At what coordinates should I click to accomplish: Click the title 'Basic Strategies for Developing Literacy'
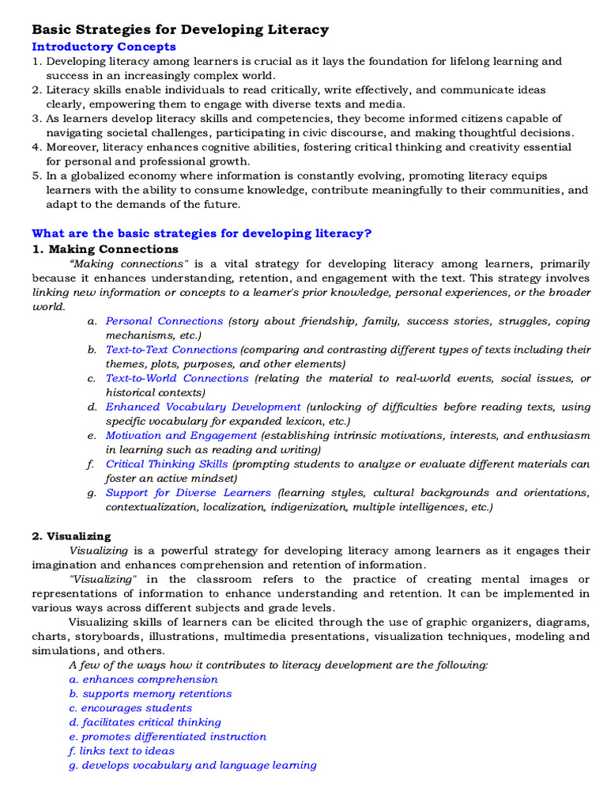click(179, 30)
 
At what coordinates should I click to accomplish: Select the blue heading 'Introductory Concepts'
click(104, 47)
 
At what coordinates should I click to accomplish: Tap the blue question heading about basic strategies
click(202, 233)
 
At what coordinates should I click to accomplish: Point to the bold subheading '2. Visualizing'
click(71, 536)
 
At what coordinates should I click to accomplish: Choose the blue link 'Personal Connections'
click(164, 321)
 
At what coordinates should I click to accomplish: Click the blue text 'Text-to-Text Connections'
click(172, 350)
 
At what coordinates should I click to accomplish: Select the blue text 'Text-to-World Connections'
click(177, 378)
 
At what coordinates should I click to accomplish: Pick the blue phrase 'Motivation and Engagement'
click(181, 435)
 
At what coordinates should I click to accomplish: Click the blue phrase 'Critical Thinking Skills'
click(167, 464)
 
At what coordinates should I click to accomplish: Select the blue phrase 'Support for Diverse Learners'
click(188, 492)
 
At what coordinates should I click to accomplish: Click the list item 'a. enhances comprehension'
click(143, 679)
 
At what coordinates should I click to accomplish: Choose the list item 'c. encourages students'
click(130, 708)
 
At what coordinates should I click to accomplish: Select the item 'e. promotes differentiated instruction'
click(168, 736)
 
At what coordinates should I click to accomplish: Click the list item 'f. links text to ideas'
click(122, 751)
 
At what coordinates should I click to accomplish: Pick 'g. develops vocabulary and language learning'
click(193, 765)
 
